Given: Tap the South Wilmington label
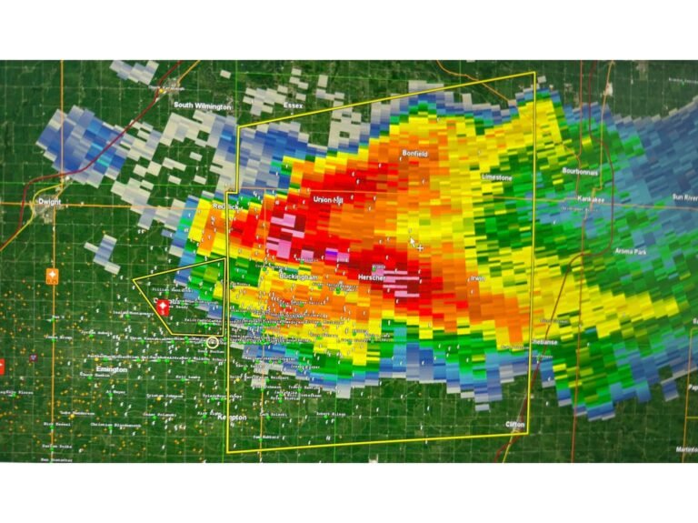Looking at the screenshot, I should pyautogui.click(x=202, y=105).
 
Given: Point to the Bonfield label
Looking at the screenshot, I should pyautogui.click(x=414, y=154).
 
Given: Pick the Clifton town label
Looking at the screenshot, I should pyautogui.click(x=515, y=424).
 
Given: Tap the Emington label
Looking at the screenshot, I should pyautogui.click(x=111, y=369).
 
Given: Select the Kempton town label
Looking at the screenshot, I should pyautogui.click(x=233, y=416).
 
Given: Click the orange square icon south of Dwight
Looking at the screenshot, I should pyautogui.click(x=53, y=276).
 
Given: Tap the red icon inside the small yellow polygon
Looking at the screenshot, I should pyautogui.click(x=163, y=307).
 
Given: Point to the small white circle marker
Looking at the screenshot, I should pyautogui.click(x=213, y=342).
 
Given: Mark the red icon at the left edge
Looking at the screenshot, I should pyautogui.click(x=2, y=366).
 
